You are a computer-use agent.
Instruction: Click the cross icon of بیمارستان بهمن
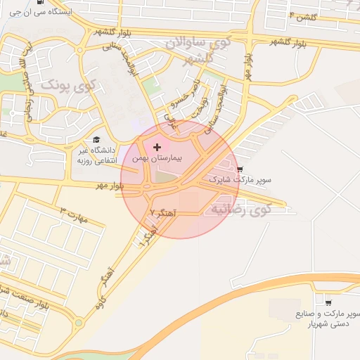[x=157, y=146]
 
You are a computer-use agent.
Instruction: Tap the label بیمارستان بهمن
[x=157, y=159]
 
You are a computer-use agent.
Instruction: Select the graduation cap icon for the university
[x=96, y=139]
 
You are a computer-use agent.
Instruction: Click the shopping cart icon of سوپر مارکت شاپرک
[x=240, y=169]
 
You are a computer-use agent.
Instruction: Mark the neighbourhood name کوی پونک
[x=68, y=86]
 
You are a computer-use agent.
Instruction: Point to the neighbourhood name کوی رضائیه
[x=240, y=209]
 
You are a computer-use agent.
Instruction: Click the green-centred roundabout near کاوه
[x=79, y=323]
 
